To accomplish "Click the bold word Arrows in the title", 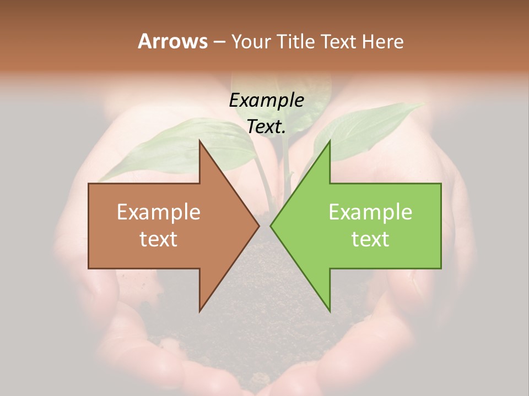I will (x=172, y=41).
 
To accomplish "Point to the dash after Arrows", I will (x=219, y=42).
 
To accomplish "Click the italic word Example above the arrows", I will (x=267, y=100).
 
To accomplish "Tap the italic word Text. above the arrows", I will (x=267, y=127).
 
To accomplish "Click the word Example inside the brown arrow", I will (x=159, y=212).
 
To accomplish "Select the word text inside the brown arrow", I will (x=159, y=239).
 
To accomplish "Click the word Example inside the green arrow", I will (x=370, y=212).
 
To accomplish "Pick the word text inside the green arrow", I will (x=370, y=239).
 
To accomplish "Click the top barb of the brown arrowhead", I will (x=201, y=144).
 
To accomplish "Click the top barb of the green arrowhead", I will (x=329, y=144).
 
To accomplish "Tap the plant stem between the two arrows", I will (x=287, y=165).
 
